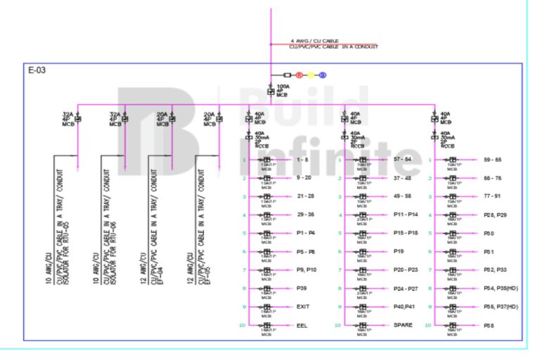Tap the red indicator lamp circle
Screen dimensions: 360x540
(298, 75)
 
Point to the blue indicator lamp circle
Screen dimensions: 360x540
(323, 75)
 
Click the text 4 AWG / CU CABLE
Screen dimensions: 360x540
(314, 41)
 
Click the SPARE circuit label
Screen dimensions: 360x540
(403, 325)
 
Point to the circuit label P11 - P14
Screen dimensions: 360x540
(406, 214)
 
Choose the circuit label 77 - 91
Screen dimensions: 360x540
(492, 196)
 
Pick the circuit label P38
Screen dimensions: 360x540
(489, 326)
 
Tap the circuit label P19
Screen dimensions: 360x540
(400, 250)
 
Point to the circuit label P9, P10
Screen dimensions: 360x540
(307, 269)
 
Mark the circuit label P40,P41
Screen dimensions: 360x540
(406, 307)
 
